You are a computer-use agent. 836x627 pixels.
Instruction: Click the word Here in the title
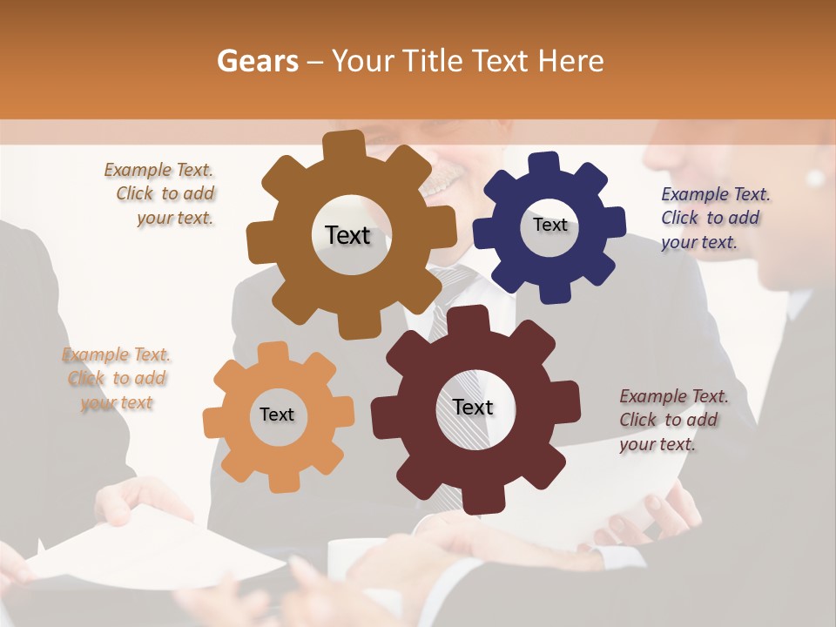coord(570,61)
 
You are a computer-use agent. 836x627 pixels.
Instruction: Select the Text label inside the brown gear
coord(347,235)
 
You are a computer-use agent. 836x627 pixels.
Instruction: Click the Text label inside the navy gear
coord(549,225)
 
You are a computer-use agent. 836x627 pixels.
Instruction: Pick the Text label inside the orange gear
coord(277,415)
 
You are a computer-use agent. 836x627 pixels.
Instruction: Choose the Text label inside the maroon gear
coord(473,407)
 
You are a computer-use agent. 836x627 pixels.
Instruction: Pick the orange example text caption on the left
coord(117,379)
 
